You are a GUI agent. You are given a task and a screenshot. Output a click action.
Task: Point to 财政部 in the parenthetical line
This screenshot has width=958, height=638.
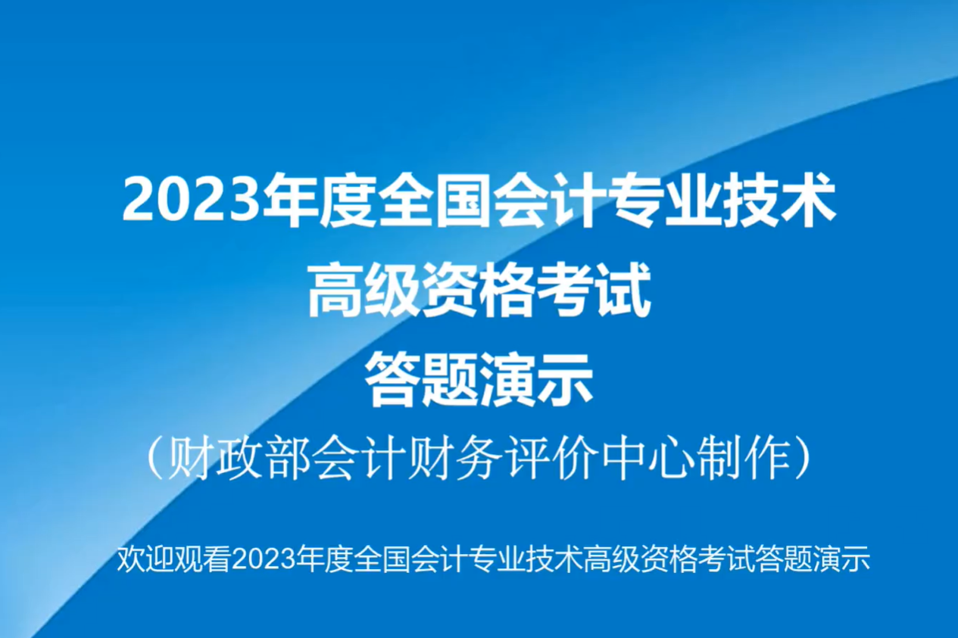pos(235,458)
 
